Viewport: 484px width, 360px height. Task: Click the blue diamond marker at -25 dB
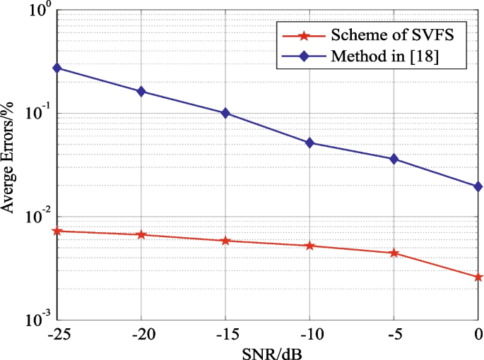click(x=57, y=68)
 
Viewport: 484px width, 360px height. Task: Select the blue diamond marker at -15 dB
click(x=225, y=113)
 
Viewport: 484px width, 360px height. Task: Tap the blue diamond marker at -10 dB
click(x=309, y=143)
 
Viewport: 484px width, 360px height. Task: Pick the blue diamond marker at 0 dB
click(x=478, y=186)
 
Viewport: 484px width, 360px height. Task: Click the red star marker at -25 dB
click(x=57, y=231)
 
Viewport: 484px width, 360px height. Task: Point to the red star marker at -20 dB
click(x=141, y=234)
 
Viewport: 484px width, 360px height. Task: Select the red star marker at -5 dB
click(x=394, y=253)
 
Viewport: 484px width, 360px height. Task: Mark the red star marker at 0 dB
click(x=478, y=277)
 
